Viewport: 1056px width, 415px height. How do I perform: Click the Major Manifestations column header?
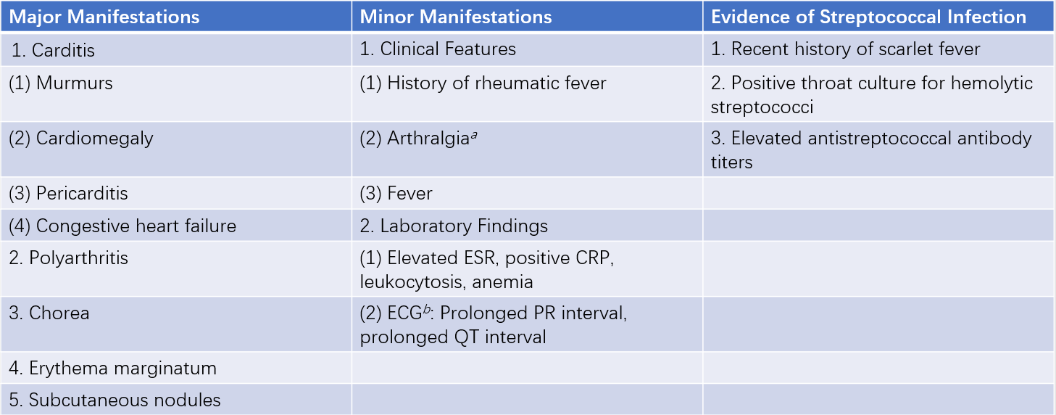(104, 17)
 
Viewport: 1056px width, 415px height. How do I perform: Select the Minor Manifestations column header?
(456, 17)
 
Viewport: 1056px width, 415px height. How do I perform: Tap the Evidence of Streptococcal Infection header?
(868, 17)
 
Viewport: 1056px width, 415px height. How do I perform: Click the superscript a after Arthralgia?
(474, 136)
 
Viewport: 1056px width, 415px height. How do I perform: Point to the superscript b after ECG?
(427, 310)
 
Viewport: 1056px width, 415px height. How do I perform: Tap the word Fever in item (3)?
(409, 194)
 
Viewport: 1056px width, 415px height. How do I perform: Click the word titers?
(731, 163)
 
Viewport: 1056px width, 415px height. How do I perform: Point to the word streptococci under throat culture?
(762, 107)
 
